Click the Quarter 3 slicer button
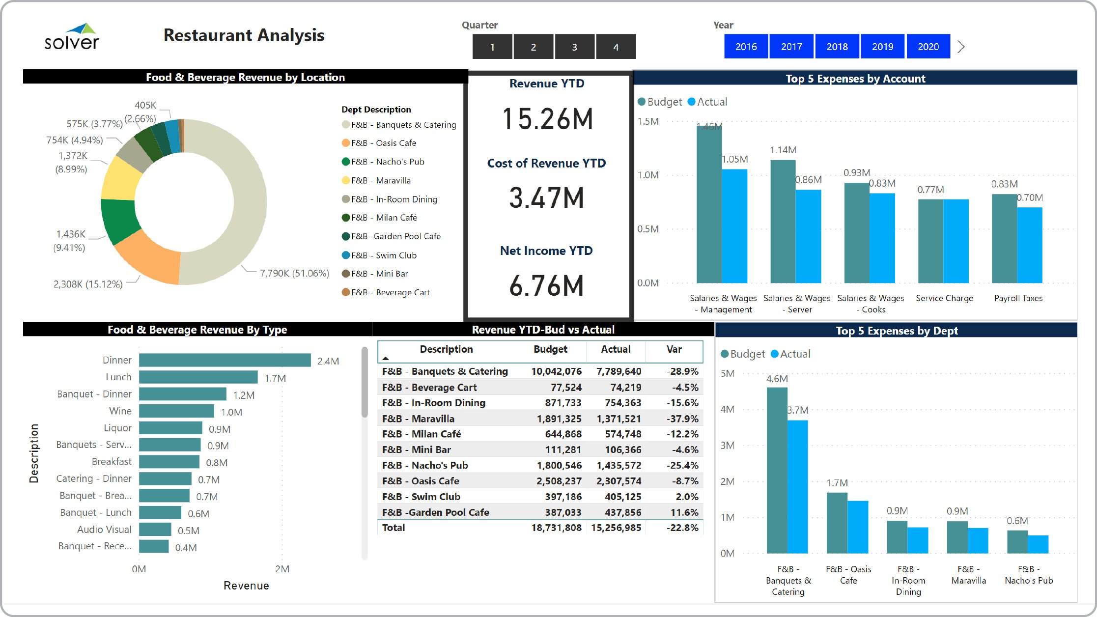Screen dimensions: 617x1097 point(574,47)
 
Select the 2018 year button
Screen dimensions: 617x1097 point(837,47)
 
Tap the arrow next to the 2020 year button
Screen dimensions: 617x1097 point(961,47)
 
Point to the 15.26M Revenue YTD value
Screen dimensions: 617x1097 point(547,119)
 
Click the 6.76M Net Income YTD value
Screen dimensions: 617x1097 point(546,286)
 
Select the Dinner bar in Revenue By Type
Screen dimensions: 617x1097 point(225,361)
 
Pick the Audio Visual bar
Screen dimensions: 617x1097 point(155,530)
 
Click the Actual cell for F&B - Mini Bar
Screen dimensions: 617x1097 point(622,449)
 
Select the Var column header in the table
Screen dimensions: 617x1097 point(674,349)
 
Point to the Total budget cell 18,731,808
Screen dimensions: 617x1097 point(556,528)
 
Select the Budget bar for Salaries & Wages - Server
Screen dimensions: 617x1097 point(783,221)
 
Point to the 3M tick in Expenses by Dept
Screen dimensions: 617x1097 point(727,446)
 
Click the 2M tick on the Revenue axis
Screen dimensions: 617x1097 point(282,569)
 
